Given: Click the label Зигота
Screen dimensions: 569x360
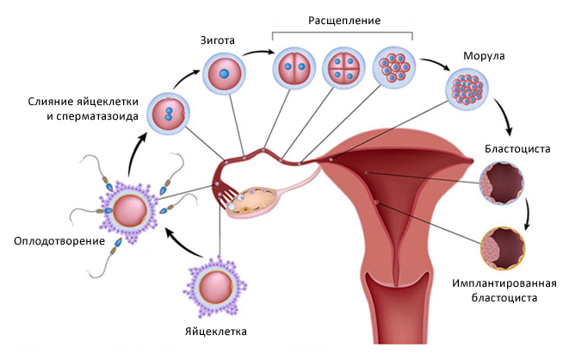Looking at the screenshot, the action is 218,40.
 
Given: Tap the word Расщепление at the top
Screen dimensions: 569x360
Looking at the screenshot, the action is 344,21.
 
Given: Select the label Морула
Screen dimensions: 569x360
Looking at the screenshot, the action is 484,56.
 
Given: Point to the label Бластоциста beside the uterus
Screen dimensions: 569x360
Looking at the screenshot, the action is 517,149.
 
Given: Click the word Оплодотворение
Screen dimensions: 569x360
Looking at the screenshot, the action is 59,241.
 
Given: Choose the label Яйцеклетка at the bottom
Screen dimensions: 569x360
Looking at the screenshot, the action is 216,332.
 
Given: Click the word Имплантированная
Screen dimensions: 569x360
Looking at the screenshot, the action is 504,283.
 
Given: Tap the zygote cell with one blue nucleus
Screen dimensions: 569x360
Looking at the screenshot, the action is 225,74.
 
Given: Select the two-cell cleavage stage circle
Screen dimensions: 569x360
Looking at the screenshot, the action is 294,68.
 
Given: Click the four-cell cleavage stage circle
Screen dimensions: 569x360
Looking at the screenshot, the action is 343,68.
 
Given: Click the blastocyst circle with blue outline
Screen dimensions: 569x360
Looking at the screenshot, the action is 502,183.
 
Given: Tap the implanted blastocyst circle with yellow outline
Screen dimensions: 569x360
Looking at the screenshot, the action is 504,249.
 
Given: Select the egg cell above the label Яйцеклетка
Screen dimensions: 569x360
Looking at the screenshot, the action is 215,287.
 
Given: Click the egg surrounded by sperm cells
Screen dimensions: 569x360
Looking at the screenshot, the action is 129,210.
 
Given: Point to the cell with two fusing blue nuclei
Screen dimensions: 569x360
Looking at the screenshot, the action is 169,114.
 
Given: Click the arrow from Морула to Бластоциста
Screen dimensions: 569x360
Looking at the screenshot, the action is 505,115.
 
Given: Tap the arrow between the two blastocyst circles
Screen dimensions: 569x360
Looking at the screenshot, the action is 527,214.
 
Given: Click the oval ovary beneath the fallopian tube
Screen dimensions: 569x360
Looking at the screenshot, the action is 252,202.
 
